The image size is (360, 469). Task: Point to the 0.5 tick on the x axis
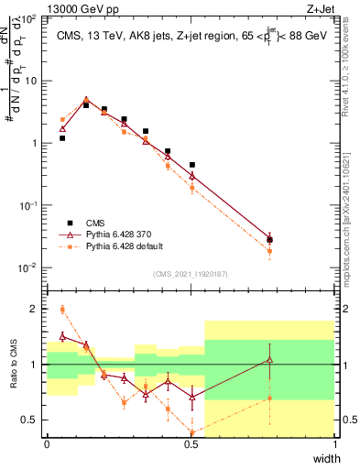coord(191,444)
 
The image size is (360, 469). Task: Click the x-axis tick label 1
coord(335,444)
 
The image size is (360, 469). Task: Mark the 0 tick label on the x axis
coord(48,444)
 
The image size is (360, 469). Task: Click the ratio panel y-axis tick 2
coord(38,309)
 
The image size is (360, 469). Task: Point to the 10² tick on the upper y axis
coord(31,18)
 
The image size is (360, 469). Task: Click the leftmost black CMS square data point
coord(62,138)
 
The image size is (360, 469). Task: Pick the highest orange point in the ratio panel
coord(62,309)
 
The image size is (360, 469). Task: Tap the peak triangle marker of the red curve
coord(86,100)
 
